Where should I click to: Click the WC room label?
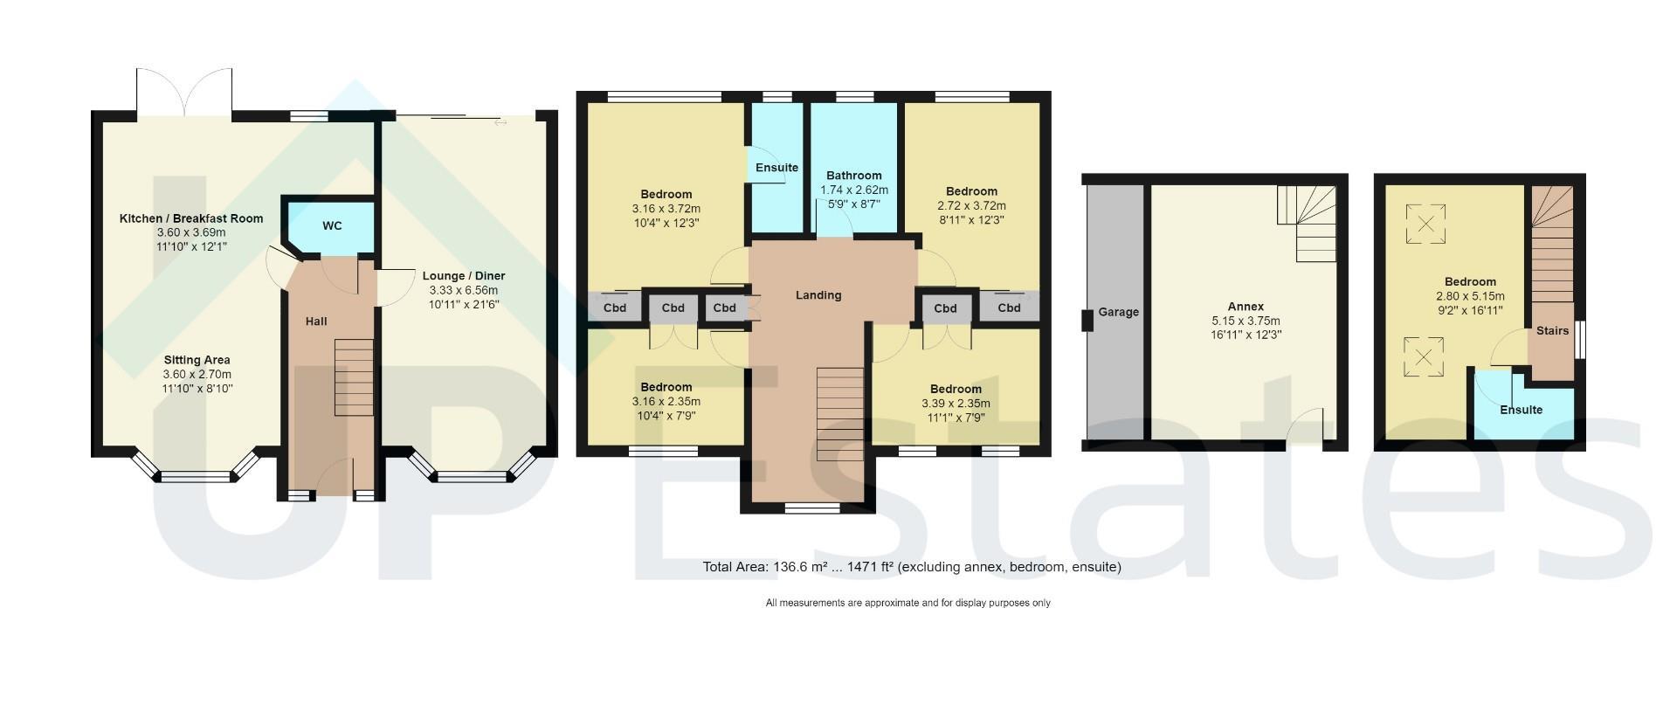pos(332,226)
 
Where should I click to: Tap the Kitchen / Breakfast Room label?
pos(191,218)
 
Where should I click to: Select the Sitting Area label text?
pos(197,360)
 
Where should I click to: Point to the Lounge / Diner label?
pos(464,276)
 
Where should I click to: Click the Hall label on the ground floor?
pos(316,321)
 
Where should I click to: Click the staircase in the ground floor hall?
pos(354,377)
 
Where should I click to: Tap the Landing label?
pos(818,295)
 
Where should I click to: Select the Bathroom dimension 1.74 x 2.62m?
pos(854,190)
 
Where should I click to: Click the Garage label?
pos(1119,312)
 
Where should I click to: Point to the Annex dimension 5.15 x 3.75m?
pos(1246,321)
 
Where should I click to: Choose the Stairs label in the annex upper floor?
pos(1553,331)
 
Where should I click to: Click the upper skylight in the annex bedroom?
pos(1425,224)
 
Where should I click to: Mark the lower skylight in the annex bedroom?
pos(1424,357)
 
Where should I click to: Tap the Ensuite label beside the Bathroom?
pos(776,168)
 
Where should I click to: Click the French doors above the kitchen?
pos(184,93)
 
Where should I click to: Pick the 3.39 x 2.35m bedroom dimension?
pos(956,404)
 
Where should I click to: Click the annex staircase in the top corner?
pos(1307,224)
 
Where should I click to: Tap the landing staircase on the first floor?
pos(840,414)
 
